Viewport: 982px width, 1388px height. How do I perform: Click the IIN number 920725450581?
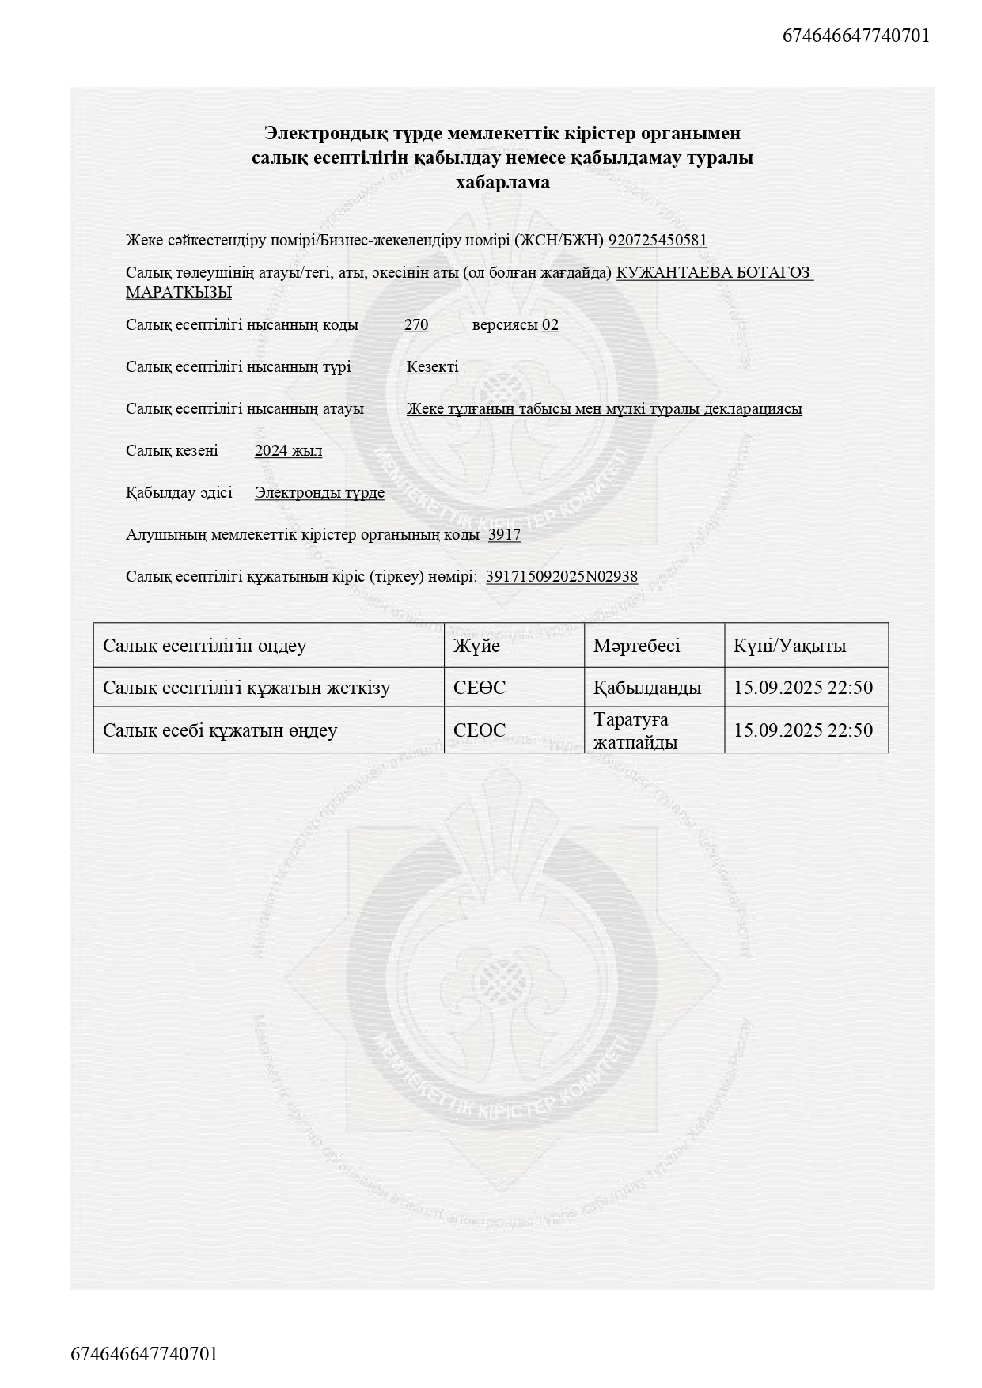tap(658, 241)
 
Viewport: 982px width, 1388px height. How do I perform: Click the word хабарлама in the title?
tap(502, 183)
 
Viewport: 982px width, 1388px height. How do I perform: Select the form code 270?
tap(416, 325)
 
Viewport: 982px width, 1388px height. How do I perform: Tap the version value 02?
tap(550, 325)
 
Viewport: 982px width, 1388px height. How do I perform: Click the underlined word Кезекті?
tap(432, 367)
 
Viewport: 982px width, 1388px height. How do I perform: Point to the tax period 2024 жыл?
tap(288, 451)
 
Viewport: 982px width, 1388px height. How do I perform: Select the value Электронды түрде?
tap(320, 493)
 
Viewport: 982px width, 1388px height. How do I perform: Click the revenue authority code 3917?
tap(504, 535)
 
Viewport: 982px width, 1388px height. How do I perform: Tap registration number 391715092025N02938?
tap(562, 577)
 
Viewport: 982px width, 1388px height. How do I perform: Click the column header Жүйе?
tap(476, 646)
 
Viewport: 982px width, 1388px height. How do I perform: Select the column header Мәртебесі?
tap(636, 646)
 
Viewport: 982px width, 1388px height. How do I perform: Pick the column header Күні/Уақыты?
tap(790, 646)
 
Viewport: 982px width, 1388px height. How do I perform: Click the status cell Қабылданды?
tap(647, 688)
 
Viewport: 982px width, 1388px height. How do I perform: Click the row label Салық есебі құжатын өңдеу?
tap(220, 730)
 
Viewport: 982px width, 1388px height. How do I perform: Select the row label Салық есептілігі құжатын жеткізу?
tap(246, 688)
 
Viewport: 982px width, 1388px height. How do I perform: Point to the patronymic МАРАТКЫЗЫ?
tap(179, 293)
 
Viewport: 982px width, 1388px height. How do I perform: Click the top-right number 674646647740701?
tap(856, 36)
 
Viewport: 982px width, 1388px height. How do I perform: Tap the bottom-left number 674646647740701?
tap(144, 1354)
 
